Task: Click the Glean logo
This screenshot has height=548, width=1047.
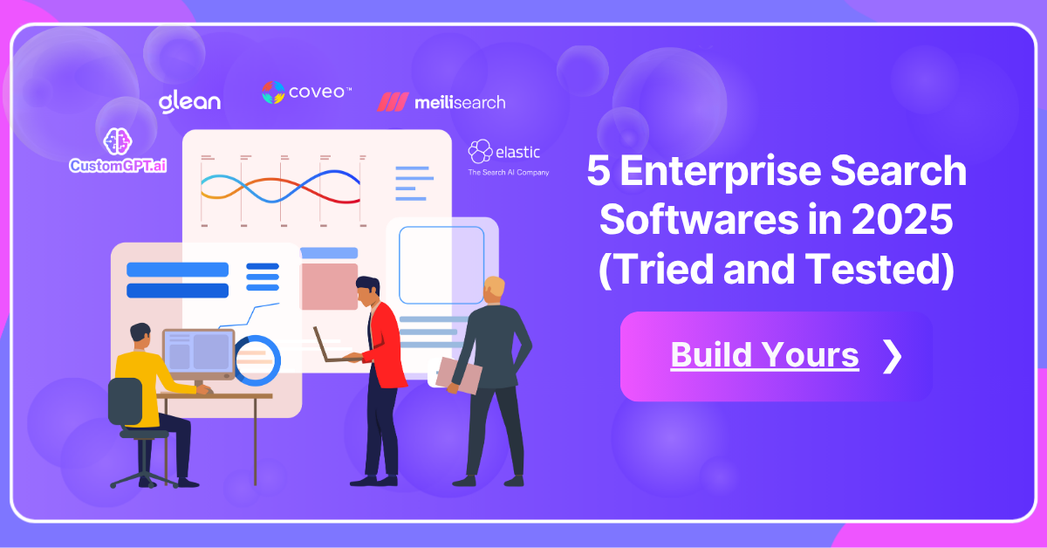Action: [x=189, y=101]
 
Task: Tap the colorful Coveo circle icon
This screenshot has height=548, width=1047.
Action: [x=273, y=92]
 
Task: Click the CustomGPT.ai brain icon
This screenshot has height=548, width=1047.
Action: [x=117, y=142]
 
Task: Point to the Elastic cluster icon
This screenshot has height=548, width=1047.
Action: [x=480, y=152]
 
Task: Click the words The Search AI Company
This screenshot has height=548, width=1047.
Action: [x=509, y=173]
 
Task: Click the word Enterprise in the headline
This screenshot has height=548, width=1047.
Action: [x=730, y=171]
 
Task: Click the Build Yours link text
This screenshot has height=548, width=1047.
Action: [x=764, y=355]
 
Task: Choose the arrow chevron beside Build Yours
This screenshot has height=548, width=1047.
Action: [x=892, y=356]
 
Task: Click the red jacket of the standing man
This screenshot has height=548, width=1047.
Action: [x=383, y=340]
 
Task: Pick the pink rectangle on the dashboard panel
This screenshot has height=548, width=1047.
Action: [x=329, y=285]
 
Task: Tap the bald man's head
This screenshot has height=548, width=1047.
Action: [x=495, y=290]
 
